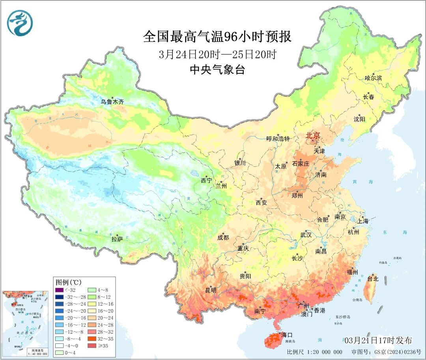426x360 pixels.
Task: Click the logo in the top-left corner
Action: point(19,23)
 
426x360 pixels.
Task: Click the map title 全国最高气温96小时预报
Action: point(217,37)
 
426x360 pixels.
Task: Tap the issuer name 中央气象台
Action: point(217,70)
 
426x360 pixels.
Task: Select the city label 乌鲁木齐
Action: point(112,102)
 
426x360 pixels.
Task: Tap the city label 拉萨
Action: point(117,239)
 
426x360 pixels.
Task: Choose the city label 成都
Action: point(223,237)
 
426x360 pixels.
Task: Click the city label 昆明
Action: point(211,290)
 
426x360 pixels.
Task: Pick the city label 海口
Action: point(287,335)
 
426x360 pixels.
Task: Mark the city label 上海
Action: point(363,221)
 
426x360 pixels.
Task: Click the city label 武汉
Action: point(306,235)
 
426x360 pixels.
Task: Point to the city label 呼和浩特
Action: point(278,139)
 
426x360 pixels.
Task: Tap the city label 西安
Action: point(261,203)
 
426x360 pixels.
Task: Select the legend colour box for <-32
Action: point(59,290)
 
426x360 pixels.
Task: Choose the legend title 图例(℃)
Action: point(68,282)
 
